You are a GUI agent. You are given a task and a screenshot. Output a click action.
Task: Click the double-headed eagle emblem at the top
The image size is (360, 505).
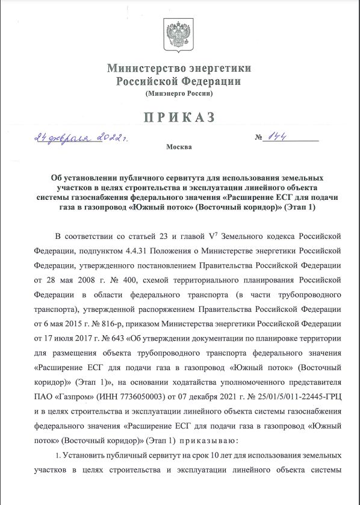[179, 34]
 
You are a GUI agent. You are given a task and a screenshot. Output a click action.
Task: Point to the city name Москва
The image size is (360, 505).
[179, 147]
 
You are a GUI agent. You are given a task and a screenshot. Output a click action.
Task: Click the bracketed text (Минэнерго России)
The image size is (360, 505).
[179, 93]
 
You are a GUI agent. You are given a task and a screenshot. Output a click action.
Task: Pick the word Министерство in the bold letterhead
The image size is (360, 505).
[143, 68]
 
